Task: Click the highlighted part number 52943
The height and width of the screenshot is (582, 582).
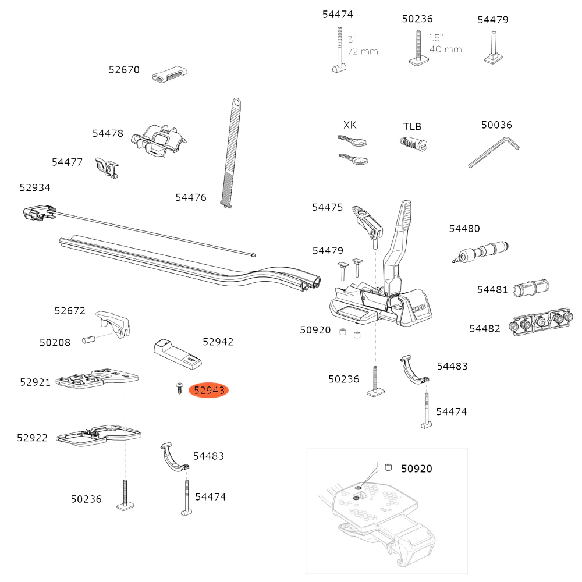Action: tap(209, 391)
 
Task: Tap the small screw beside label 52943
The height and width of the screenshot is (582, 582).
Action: tap(176, 388)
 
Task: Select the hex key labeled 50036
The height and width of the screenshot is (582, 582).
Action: tap(494, 152)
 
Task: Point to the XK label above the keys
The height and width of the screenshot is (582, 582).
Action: tap(350, 125)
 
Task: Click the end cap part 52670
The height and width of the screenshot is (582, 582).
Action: tap(170, 75)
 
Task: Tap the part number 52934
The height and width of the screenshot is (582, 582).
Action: tap(35, 187)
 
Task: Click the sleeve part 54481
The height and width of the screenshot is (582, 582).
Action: tap(531, 288)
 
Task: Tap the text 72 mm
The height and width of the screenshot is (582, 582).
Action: tap(363, 51)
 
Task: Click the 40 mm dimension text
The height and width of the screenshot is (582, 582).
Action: tap(445, 49)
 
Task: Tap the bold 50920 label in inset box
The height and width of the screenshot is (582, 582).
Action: tap(416, 469)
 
